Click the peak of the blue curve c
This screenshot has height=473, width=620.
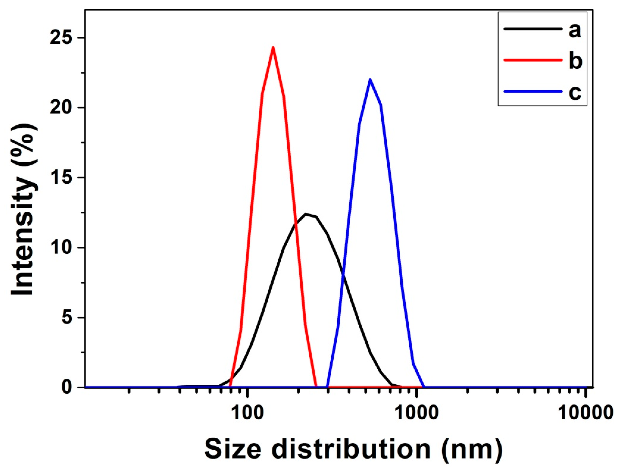[x=370, y=80]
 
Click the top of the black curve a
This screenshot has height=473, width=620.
[x=306, y=214]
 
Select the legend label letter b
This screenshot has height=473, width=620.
[x=575, y=61]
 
